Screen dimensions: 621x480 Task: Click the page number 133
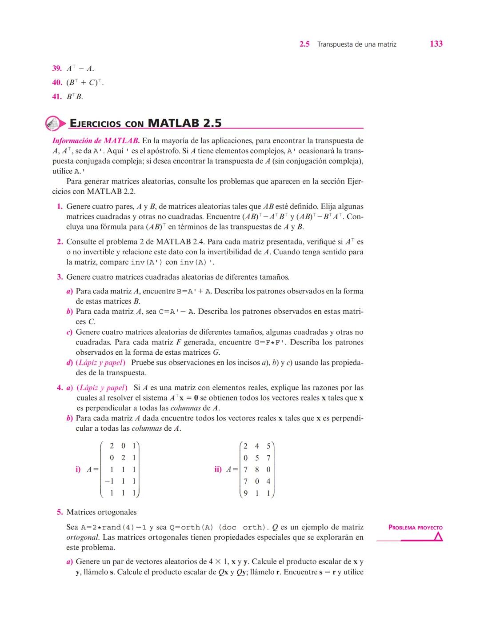click(436, 44)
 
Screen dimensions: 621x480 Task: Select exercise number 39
click(56, 68)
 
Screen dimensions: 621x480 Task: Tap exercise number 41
click(56, 96)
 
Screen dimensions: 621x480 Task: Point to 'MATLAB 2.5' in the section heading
click(184, 123)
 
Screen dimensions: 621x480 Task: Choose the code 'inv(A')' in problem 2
click(147, 262)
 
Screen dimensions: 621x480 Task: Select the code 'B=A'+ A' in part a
click(194, 292)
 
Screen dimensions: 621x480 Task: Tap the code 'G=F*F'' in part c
click(270, 342)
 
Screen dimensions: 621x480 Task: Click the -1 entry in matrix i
click(109, 481)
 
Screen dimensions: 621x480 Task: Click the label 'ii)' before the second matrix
click(218, 469)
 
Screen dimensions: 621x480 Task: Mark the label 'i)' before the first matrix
click(78, 469)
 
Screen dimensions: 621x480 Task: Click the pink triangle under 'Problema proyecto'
click(438, 537)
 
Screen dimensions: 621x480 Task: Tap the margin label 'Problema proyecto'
click(416, 528)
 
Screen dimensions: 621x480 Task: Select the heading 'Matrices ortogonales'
click(101, 512)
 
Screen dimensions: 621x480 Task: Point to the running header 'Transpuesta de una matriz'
click(357, 44)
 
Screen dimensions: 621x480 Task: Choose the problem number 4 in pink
click(60, 388)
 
